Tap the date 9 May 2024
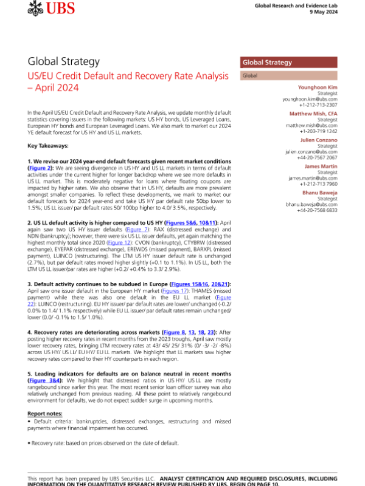click(x=346, y=13)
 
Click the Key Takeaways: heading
click(x=48, y=146)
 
